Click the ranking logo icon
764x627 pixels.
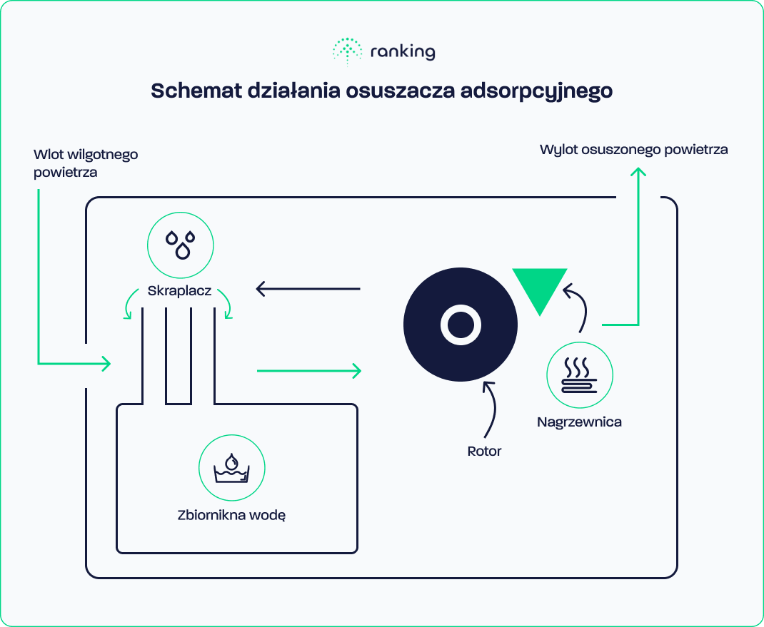click(x=348, y=51)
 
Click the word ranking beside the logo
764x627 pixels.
click(x=403, y=52)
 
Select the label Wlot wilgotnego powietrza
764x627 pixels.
click(x=85, y=163)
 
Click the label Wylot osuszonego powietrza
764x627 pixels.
click(x=633, y=150)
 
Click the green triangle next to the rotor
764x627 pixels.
click(x=540, y=288)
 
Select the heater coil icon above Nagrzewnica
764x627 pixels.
click(x=579, y=376)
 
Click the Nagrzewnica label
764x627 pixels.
click(x=579, y=422)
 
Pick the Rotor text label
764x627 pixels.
click(x=484, y=451)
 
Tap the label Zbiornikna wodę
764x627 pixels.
click(x=231, y=514)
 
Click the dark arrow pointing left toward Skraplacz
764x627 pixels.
click(x=308, y=289)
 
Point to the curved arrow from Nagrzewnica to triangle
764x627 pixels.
click(x=578, y=307)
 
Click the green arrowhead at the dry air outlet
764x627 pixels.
click(x=638, y=173)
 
